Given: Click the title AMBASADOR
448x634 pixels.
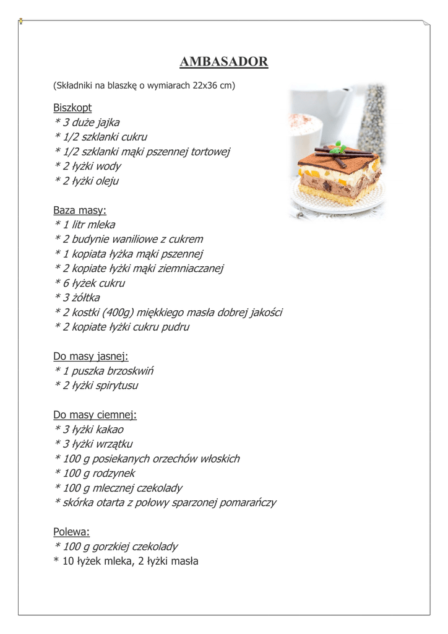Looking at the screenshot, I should point(223,62).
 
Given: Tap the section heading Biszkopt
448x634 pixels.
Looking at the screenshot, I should point(72,108).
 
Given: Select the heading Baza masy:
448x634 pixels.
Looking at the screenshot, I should point(80,211).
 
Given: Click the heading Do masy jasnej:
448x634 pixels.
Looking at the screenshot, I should point(90,356).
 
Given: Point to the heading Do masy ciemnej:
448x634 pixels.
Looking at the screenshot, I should point(95,414).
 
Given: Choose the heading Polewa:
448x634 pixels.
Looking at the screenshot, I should point(72,531).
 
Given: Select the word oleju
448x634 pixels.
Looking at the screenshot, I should point(105,181).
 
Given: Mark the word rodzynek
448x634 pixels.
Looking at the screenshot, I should point(113,473).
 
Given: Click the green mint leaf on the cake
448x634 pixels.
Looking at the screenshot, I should point(338,148).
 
